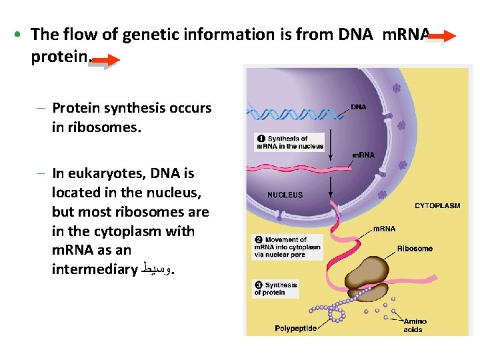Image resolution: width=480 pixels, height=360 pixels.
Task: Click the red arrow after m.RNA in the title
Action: pyautogui.click(x=441, y=37)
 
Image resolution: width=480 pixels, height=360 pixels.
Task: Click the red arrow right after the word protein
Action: pyautogui.click(x=105, y=62)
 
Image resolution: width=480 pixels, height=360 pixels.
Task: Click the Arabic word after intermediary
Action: pyautogui.click(x=157, y=269)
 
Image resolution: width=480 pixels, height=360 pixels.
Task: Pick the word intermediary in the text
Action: pyautogui.click(x=94, y=269)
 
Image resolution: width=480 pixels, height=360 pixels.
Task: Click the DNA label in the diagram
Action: pyautogui.click(x=359, y=107)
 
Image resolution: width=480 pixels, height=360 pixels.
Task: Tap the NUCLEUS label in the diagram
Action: pyautogui.click(x=285, y=195)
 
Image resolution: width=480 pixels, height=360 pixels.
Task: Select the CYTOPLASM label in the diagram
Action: pyautogui.click(x=437, y=206)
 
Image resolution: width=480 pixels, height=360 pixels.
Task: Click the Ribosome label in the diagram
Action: pyautogui.click(x=415, y=249)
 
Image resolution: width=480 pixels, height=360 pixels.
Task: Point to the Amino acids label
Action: pyautogui.click(x=415, y=325)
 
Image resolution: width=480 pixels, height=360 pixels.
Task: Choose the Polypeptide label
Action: pyautogui.click(x=295, y=328)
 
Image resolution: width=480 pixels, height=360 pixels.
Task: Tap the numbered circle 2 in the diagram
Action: pyautogui.click(x=257, y=240)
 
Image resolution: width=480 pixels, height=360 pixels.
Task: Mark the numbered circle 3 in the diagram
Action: pyautogui.click(x=257, y=285)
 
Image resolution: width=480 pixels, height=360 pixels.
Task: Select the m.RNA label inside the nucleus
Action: pyautogui.click(x=363, y=155)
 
